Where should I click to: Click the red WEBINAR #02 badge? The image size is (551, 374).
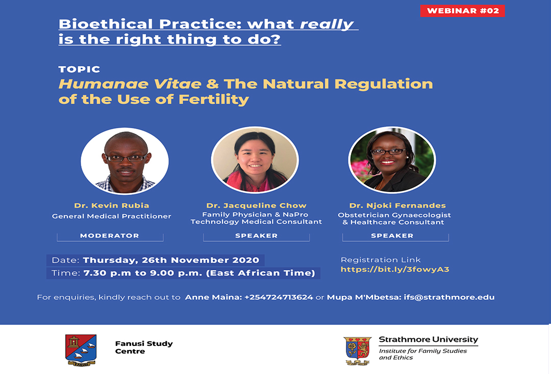[462, 11]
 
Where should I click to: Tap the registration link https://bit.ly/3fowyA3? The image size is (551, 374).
[395, 269]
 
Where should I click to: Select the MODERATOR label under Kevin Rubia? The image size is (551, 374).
[110, 236]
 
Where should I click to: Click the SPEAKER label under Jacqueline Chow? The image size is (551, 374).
[257, 236]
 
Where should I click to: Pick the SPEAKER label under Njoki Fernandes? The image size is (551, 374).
[392, 236]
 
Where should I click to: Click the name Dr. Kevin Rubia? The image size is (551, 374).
[112, 205]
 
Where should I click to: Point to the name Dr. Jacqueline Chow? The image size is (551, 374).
[257, 205]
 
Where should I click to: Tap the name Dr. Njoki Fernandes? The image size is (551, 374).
[397, 205]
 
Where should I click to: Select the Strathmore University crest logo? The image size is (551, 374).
[357, 351]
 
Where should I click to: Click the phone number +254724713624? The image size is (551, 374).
[279, 297]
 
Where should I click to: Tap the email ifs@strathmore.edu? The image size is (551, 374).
[449, 297]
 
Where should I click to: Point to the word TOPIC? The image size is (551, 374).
[80, 69]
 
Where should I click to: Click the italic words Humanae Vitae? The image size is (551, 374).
[130, 84]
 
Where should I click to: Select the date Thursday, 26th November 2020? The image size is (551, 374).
[171, 261]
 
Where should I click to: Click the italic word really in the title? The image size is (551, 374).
[327, 25]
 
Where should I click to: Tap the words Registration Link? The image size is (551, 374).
[381, 260]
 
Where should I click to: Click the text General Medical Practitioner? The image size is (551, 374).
[112, 216]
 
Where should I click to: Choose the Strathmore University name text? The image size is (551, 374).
[429, 340]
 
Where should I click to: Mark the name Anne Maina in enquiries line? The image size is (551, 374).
[213, 297]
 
